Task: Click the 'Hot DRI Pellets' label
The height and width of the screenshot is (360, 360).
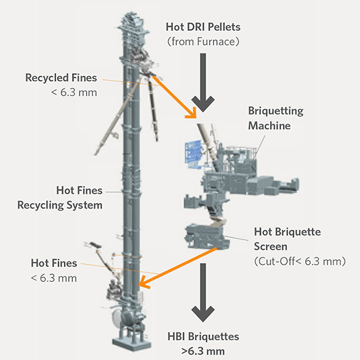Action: [203, 27]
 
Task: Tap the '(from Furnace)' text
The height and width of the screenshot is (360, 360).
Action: [203, 42]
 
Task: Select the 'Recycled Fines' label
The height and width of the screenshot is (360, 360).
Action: [61, 78]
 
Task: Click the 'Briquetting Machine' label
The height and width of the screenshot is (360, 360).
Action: [276, 118]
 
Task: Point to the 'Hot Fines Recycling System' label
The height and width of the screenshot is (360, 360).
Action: [60, 198]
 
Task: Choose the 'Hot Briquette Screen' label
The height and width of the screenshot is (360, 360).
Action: [287, 239]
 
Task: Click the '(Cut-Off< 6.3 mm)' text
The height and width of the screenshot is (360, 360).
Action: [300, 262]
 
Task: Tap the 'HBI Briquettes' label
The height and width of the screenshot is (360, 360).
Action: [203, 337]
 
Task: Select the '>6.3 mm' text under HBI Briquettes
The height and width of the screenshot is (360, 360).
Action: [203, 351]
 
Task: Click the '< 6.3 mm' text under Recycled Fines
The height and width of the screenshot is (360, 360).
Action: [74, 92]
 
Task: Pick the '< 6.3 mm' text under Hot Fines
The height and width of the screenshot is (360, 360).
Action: [54, 278]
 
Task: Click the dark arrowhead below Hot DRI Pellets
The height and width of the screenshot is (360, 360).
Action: [203, 103]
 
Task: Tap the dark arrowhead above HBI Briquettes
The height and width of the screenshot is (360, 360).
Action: [203, 314]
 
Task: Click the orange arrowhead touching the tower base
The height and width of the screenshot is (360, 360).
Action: [144, 282]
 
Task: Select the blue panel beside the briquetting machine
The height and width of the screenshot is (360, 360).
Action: [193, 154]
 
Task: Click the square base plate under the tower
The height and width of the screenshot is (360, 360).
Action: [132, 344]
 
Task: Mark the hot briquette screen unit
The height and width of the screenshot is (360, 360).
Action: [207, 237]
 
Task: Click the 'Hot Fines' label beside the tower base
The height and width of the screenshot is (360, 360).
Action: [54, 263]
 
